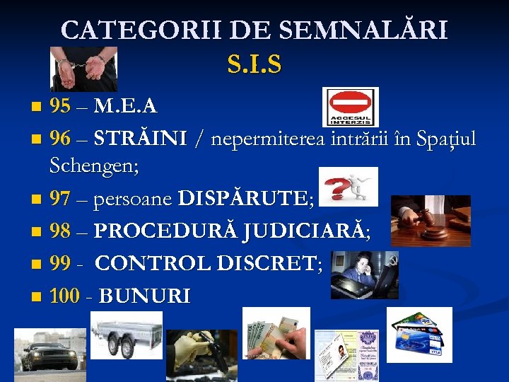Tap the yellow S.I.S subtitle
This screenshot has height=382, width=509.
click(x=255, y=65)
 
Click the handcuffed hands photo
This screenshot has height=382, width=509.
click(x=83, y=69)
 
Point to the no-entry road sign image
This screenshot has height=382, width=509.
click(x=350, y=106)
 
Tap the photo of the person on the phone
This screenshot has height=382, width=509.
click(x=363, y=273)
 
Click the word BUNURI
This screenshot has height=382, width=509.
click(x=144, y=296)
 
